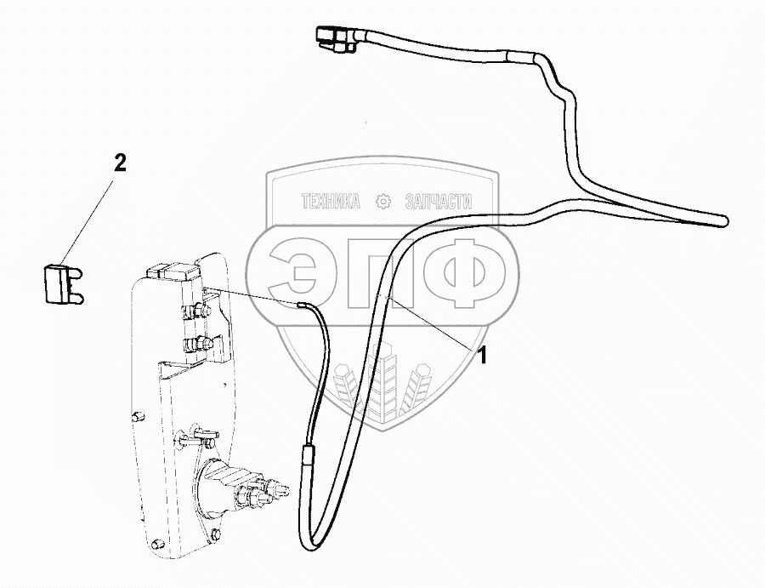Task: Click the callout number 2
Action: (121, 163)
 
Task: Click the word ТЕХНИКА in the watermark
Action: (331, 202)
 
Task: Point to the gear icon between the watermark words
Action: (383, 202)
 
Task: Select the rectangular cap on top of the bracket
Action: (170, 271)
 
